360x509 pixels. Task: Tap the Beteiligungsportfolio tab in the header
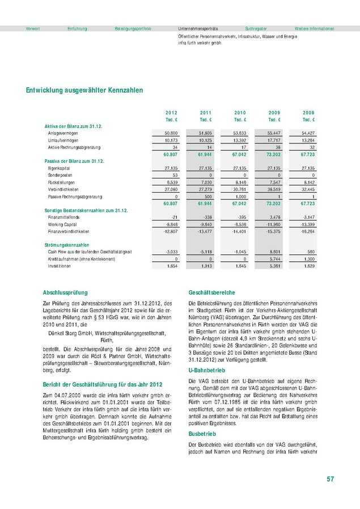(x=133, y=28)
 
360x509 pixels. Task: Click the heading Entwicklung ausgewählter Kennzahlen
(x=84, y=90)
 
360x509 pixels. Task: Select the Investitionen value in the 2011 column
(x=207, y=265)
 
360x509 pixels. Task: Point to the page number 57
(x=330, y=480)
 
